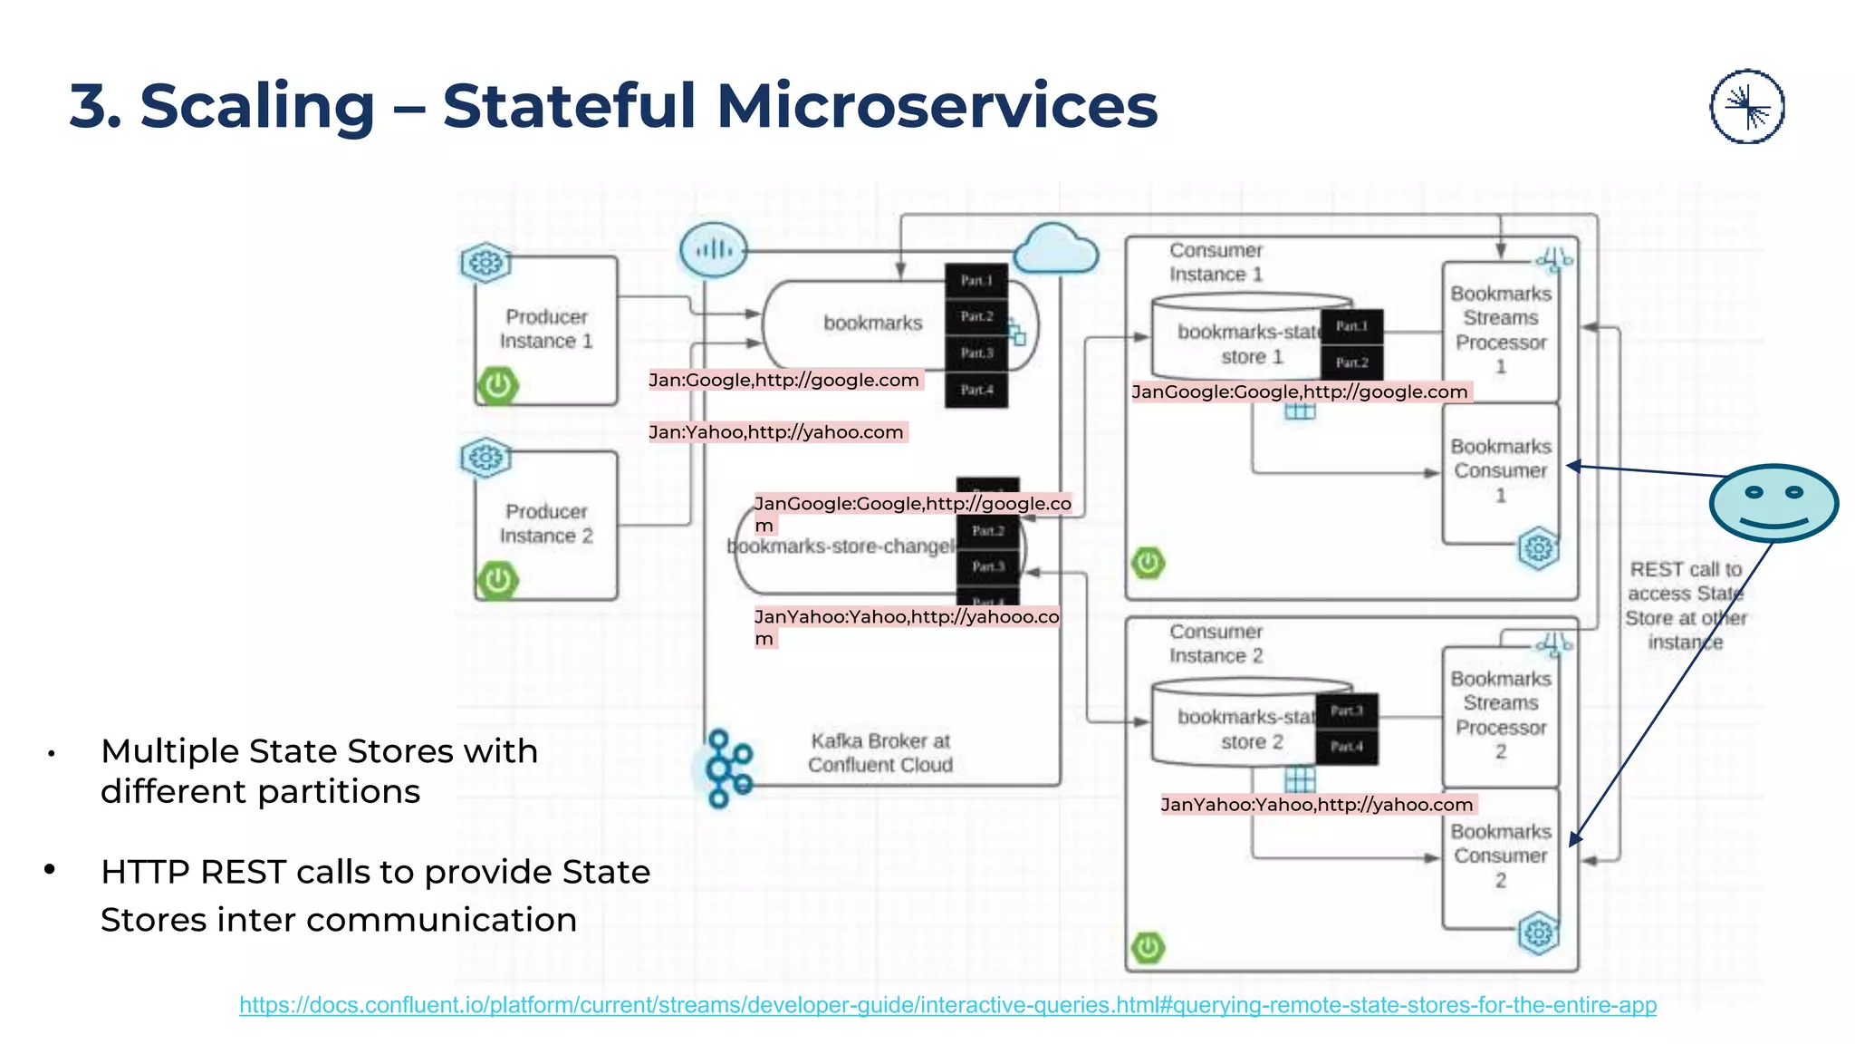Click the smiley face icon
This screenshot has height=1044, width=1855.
(1773, 503)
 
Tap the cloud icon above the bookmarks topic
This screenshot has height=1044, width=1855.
(1055, 249)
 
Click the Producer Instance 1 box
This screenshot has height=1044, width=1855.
(546, 329)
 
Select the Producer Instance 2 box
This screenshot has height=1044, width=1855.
(546, 524)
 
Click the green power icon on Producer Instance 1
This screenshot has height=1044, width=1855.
(497, 386)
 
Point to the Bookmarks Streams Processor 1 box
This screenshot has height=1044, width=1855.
(1500, 331)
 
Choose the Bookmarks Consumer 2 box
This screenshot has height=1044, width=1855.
(1500, 855)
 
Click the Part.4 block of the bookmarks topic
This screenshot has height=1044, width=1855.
(976, 390)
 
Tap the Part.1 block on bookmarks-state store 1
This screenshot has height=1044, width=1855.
(1350, 326)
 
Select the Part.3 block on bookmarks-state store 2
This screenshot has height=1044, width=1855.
(1346, 710)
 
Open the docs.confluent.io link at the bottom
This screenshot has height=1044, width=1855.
(947, 1005)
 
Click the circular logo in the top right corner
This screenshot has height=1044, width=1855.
(1746, 107)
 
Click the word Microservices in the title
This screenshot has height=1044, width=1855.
(937, 106)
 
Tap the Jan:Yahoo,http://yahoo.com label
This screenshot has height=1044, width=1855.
(776, 432)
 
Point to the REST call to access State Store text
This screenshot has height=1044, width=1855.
(1685, 605)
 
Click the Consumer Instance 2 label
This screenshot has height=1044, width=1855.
(1216, 643)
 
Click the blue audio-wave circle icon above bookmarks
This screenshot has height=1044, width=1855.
(714, 249)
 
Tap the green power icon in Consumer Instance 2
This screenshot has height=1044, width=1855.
(1148, 948)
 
